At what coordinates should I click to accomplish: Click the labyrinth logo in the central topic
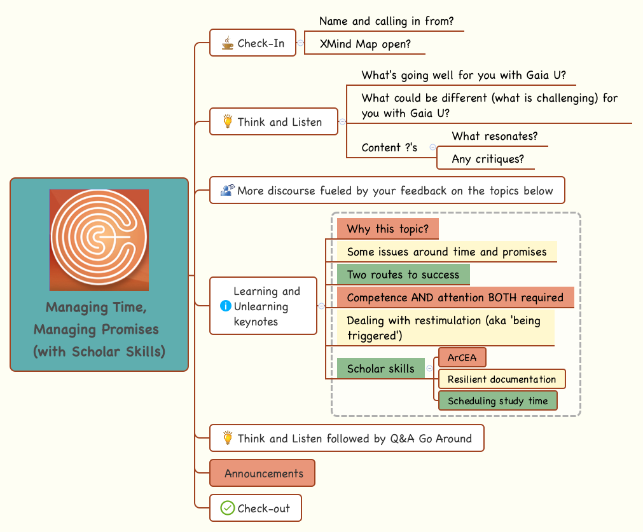99,240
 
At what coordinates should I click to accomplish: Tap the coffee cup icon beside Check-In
227,43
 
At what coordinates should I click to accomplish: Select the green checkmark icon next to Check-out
227,508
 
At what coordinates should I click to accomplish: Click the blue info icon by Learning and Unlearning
225,306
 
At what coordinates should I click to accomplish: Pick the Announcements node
263,474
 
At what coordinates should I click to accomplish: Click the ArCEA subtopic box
462,358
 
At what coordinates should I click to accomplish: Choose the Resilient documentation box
501,379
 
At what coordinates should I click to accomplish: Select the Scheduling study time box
497,401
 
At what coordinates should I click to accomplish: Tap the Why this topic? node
388,229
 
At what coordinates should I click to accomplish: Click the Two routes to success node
403,275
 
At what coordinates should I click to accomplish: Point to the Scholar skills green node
380,369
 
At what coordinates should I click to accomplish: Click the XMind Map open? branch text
364,44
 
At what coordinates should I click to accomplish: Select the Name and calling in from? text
386,21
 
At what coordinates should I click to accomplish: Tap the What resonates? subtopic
494,136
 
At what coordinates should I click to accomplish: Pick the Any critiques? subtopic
487,159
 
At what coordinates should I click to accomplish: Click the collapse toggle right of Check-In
300,43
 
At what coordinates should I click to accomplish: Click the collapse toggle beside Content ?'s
432,147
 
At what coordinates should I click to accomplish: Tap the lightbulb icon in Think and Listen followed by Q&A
227,438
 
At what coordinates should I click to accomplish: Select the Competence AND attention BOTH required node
455,297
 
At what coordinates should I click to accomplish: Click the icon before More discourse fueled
227,190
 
